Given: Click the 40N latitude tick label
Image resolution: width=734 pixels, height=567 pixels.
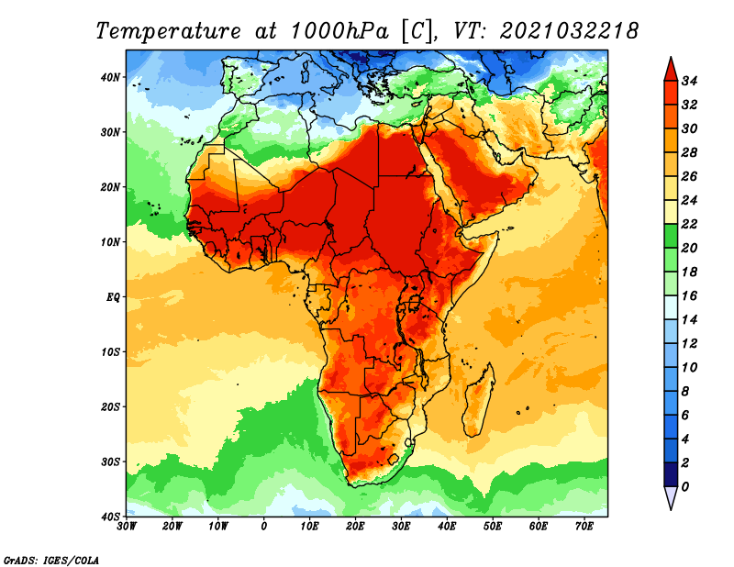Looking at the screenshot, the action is (110, 77).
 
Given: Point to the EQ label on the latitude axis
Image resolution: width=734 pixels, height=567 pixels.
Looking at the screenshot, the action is (113, 297).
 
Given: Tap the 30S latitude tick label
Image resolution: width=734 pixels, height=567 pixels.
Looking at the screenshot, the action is (110, 462).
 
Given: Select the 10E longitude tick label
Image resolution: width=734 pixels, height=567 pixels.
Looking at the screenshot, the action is (309, 527).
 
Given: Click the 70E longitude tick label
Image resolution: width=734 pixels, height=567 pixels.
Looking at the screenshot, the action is (584, 527).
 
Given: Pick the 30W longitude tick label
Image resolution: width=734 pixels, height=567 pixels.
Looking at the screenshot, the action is (127, 527).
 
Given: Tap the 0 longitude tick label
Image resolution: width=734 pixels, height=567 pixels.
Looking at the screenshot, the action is (264, 527).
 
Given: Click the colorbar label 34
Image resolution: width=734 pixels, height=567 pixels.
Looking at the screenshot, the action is (689, 81).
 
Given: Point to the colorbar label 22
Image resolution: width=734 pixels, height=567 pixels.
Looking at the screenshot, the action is (689, 224).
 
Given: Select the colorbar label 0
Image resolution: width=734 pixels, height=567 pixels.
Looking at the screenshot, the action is (685, 487).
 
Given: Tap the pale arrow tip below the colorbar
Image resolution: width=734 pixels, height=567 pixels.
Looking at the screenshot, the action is (671, 509).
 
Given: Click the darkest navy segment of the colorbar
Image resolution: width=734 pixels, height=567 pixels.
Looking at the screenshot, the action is (671, 474).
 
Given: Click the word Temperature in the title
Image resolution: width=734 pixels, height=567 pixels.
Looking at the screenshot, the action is (169, 32).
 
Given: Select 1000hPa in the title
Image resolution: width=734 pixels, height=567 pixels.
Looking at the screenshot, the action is (339, 31).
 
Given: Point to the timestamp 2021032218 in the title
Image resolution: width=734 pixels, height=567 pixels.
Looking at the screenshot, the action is (569, 31).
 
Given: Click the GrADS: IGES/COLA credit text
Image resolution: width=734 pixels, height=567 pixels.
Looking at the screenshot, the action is (51, 561).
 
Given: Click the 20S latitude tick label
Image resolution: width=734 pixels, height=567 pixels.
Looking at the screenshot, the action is (110, 407).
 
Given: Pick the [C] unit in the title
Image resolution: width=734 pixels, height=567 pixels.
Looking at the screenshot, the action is (417, 32).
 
